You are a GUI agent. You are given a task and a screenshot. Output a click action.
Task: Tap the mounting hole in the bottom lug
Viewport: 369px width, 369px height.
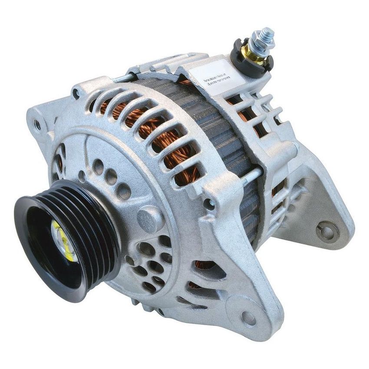(249, 318)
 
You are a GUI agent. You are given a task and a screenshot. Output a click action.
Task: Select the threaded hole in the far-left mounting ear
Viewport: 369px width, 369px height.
(38, 125)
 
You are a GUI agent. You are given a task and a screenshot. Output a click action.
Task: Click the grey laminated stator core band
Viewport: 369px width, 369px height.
(230, 130)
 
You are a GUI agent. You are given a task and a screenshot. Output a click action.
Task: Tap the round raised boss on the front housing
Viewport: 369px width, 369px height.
(149, 217)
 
